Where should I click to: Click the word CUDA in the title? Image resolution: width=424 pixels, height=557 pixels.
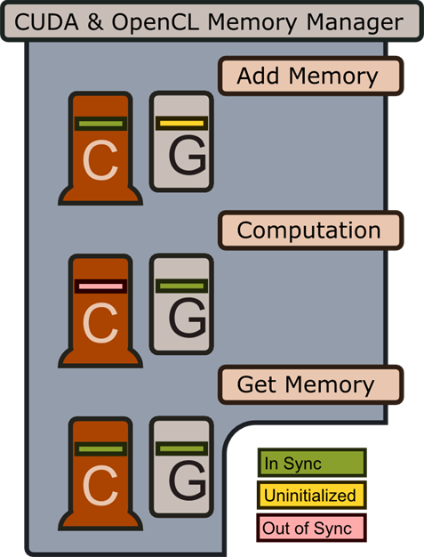click(46, 22)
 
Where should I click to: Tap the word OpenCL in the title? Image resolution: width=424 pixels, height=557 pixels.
click(155, 22)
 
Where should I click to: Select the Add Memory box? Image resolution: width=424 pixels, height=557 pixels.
click(311, 76)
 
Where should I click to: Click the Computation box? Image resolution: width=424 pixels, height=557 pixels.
click(311, 230)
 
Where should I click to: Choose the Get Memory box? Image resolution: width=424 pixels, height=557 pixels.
click(311, 384)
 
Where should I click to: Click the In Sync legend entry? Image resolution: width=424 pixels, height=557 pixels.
click(312, 463)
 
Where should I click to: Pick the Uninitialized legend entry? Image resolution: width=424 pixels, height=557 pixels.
click(311, 496)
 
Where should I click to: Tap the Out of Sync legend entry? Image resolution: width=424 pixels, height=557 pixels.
click(311, 528)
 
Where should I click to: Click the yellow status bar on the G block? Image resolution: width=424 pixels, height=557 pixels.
click(181, 124)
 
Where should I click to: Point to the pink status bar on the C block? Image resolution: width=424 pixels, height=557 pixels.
click(100, 287)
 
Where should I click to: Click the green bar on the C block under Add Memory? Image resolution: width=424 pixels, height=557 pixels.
click(100, 124)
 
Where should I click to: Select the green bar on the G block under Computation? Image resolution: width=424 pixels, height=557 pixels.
click(181, 286)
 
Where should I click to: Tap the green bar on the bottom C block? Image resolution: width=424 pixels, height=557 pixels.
click(100, 449)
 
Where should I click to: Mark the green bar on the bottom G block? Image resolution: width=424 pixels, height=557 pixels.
click(181, 448)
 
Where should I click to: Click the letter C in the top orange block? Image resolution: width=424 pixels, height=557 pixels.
click(100, 160)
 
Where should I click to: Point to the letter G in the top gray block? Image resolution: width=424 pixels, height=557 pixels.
click(188, 155)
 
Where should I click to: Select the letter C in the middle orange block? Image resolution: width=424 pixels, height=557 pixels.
click(100, 323)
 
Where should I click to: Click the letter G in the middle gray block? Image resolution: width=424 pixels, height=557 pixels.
click(188, 318)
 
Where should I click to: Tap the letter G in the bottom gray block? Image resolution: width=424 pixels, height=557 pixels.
click(188, 480)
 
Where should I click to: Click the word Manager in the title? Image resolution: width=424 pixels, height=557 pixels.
click(355, 23)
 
